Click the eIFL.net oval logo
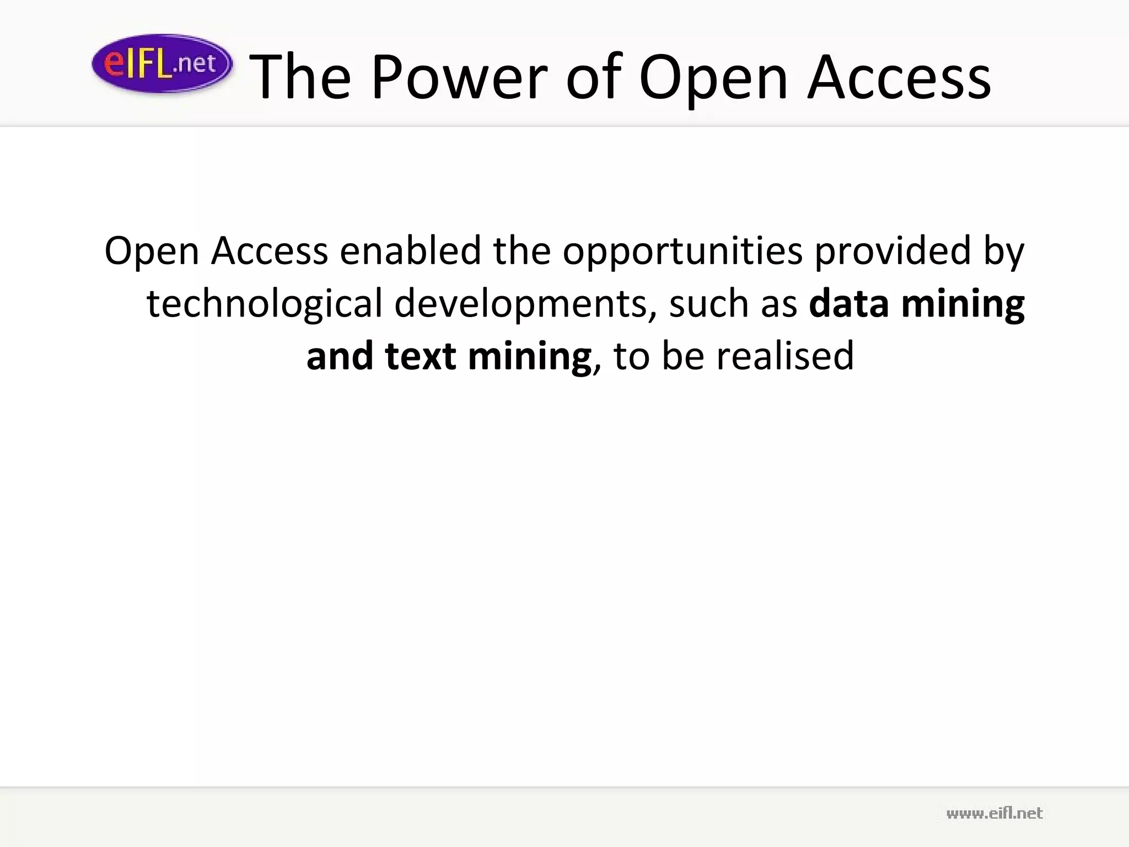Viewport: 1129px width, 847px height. [x=162, y=63]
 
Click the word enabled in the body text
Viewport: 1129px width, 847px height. [x=410, y=250]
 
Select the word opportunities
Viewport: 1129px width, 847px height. [x=682, y=251]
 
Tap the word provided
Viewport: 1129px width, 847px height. [x=892, y=250]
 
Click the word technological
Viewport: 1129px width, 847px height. [x=264, y=304]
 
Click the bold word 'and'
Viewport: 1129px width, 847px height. [x=340, y=356]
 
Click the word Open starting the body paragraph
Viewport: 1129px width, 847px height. [x=152, y=251]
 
